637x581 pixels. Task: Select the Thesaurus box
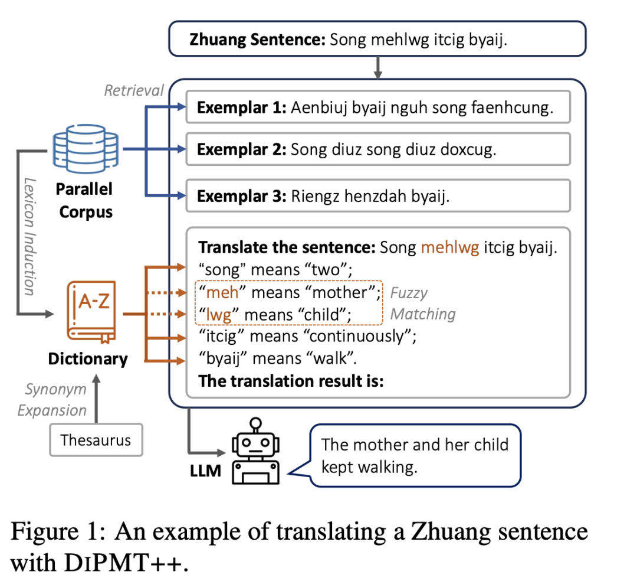96,440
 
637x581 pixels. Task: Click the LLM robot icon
256,454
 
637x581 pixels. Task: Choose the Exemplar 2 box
378,149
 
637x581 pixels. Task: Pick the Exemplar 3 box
378,196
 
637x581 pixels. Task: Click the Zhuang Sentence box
377,40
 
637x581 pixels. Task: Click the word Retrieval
134,90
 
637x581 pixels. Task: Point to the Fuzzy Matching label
423,303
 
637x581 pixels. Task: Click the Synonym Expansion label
55,400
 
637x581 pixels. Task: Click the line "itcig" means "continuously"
308,337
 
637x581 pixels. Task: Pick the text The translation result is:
291,381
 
